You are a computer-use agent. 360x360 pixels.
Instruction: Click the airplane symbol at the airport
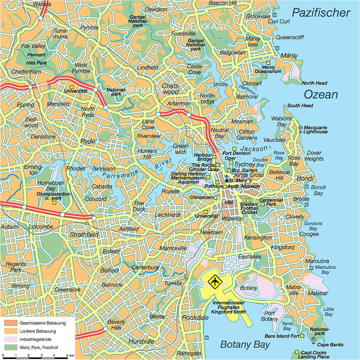coord(215,281)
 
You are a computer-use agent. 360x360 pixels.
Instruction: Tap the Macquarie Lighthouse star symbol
coord(300,128)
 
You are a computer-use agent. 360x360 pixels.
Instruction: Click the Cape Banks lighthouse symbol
coord(313,340)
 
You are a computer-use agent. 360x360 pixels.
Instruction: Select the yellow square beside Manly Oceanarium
coord(268,63)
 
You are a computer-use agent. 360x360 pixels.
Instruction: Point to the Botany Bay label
coord(245,344)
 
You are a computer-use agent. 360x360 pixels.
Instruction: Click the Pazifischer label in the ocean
coord(321,13)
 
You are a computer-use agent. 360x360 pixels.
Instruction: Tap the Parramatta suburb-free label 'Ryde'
coord(88,141)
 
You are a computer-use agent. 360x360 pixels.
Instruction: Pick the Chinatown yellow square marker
coord(215,197)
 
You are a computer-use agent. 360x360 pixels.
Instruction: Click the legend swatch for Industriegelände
coord(11,339)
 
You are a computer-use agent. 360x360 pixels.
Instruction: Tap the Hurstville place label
coord(141,341)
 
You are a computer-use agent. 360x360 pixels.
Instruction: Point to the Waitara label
coord(42,4)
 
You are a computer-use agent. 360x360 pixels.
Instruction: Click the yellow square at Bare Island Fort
coord(302,336)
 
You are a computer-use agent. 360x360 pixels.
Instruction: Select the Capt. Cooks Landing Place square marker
coord(297,352)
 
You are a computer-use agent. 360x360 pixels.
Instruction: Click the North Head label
coord(314,83)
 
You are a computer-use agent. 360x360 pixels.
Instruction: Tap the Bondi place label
coord(305,179)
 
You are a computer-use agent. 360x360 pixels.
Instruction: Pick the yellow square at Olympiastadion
coord(54,203)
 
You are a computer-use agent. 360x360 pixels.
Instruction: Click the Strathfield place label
coord(84,235)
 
